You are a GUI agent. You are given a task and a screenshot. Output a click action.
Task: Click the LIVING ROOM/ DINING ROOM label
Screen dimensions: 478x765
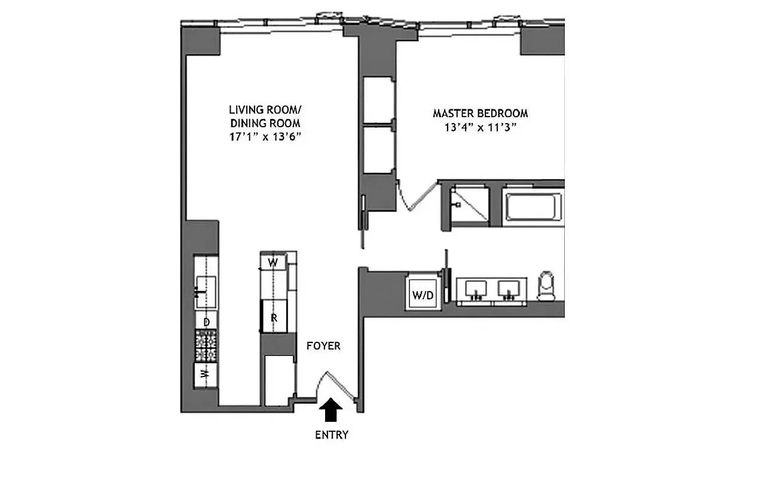click(265, 117)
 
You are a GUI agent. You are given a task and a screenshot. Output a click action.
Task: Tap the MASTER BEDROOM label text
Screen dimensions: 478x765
click(480, 113)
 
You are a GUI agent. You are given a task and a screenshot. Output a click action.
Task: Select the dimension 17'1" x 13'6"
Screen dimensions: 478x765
click(265, 137)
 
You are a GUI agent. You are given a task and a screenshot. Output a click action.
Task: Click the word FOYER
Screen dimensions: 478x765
click(323, 346)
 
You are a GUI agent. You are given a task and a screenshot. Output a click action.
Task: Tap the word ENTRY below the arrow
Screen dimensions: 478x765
click(331, 435)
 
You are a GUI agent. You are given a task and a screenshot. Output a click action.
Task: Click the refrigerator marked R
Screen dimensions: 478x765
click(274, 318)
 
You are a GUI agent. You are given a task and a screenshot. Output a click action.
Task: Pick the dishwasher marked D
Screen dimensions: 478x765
click(206, 322)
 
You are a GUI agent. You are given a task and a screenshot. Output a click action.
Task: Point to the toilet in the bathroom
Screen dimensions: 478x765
click(546, 287)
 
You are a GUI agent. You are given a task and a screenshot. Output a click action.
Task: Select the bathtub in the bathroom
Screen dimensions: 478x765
click(534, 206)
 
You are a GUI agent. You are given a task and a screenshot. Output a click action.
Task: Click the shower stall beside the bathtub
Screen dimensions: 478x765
click(470, 205)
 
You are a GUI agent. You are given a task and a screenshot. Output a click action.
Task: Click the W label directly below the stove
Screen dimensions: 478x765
click(205, 375)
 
